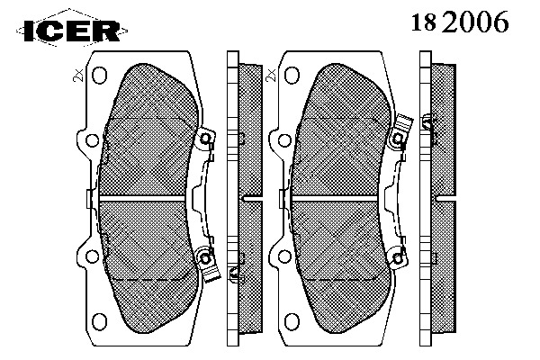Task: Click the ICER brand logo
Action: coord(72,31)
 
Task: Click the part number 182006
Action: coord(460,22)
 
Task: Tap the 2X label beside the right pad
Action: coord(272,75)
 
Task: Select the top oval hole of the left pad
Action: coord(99,75)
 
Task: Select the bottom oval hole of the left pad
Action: coord(99,321)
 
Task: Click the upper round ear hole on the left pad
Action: coord(93,140)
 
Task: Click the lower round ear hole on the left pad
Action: coord(93,256)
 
